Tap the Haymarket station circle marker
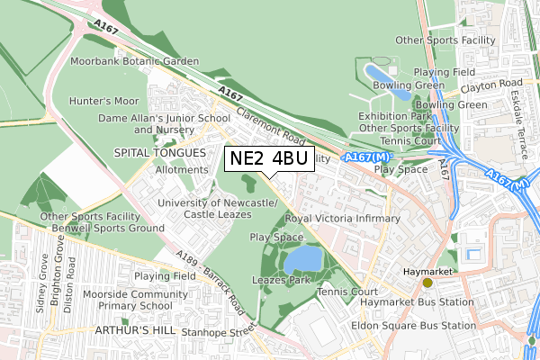click(x=427, y=283)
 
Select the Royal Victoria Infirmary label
click(x=342, y=219)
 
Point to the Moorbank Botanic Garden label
click(x=135, y=61)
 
